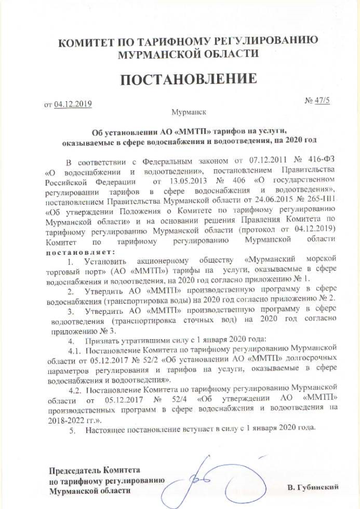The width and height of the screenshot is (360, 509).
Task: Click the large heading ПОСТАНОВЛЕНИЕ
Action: tap(188, 80)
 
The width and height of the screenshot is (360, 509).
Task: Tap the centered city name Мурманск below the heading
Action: tap(188, 112)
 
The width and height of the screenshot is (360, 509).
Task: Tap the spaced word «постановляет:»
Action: tap(79, 251)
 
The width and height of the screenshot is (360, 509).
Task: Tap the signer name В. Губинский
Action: tap(313, 487)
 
